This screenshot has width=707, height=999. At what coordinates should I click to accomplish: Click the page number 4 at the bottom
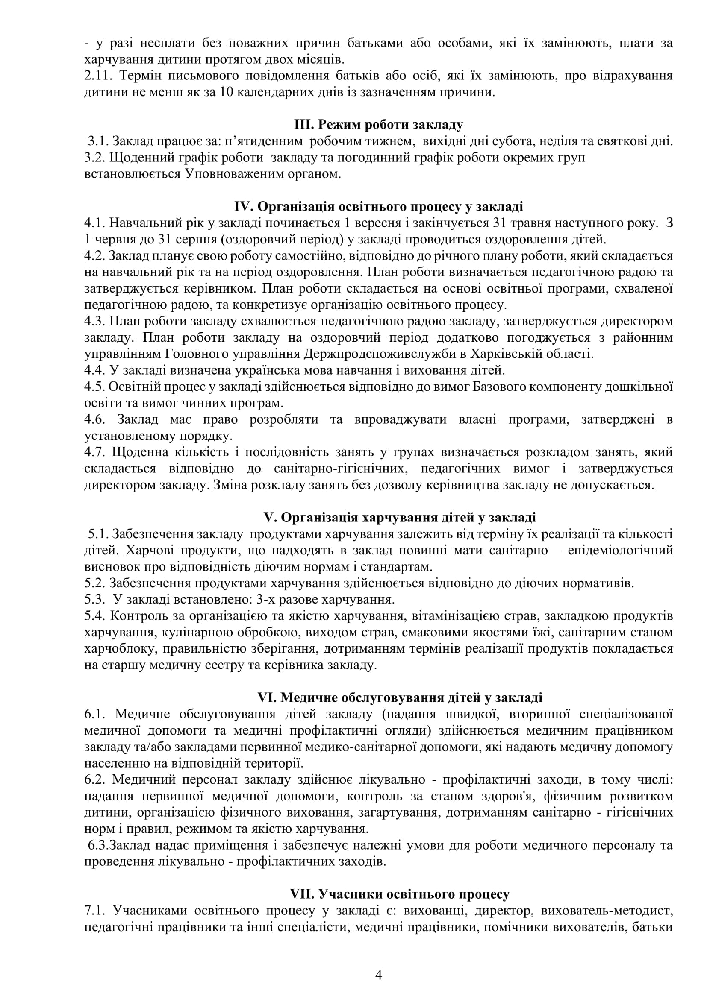coord(378,975)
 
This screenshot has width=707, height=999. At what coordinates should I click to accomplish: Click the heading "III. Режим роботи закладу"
coord(378,125)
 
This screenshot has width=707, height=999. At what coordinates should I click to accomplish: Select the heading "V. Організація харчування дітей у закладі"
coord(399,517)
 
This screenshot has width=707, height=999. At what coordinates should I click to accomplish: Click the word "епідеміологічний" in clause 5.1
coord(620,551)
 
